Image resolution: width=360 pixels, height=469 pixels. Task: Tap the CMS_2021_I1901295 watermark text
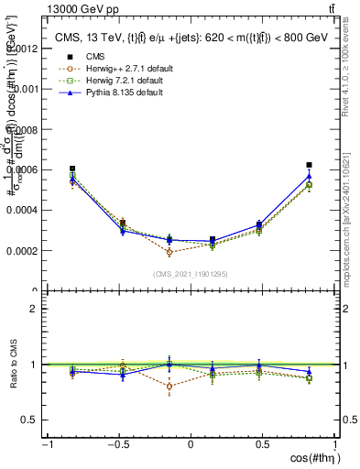coord(190,274)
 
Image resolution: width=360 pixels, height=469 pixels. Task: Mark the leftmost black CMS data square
coord(72,169)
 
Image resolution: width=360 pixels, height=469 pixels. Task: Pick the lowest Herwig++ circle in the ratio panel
coord(169,386)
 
